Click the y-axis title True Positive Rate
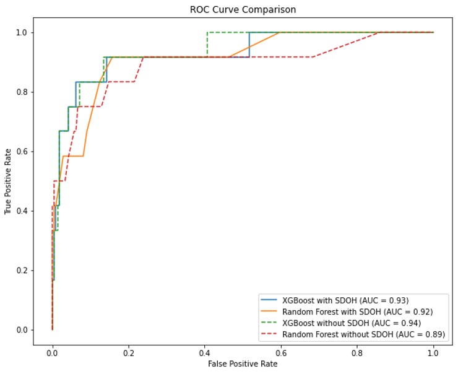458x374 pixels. point(8,180)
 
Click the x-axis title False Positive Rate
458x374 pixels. point(243,364)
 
